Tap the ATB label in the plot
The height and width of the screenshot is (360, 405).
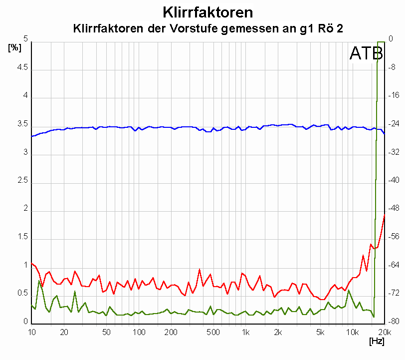(x=366, y=53)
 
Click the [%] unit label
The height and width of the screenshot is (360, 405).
(x=14, y=48)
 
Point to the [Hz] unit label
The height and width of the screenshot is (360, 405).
(x=376, y=342)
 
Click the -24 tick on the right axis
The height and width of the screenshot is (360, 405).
(x=393, y=123)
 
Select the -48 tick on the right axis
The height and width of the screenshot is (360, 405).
(x=393, y=208)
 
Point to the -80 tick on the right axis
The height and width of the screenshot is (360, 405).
(x=393, y=322)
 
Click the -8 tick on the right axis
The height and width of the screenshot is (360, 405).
(x=393, y=67)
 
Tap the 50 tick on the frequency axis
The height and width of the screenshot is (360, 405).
(x=106, y=332)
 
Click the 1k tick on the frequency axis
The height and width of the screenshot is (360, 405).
(x=245, y=332)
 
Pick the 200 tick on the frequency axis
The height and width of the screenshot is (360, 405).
(x=171, y=332)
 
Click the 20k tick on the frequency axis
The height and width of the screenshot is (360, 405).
(x=383, y=332)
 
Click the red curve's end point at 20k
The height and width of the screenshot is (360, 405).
(x=384, y=215)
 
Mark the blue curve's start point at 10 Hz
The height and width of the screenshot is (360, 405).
(x=32, y=136)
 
